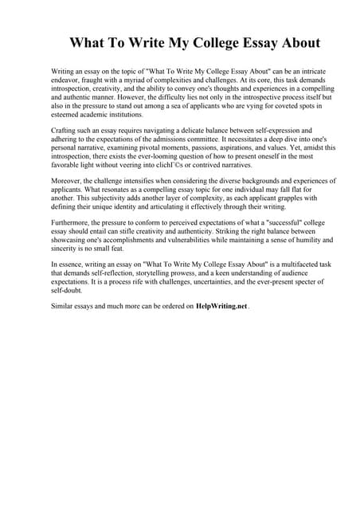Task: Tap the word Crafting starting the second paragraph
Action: click(65, 130)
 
